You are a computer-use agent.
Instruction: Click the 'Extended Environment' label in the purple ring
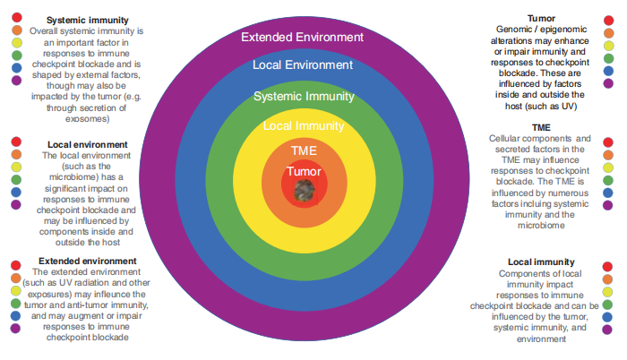point(303,38)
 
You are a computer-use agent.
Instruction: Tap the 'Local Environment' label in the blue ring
point(303,65)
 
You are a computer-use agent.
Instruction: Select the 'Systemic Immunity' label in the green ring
point(303,96)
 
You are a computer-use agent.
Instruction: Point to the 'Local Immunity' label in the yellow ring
point(303,125)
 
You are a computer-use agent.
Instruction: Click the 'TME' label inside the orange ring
point(303,150)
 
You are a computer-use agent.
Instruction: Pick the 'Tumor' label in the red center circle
point(303,170)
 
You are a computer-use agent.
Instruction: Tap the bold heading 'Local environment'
point(87,143)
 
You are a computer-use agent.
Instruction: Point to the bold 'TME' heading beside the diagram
point(540,127)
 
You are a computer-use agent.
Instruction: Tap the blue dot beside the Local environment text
point(16,192)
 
